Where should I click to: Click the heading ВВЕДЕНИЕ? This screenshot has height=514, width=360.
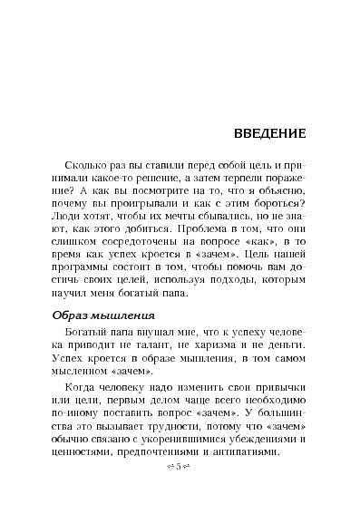(x=264, y=133)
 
